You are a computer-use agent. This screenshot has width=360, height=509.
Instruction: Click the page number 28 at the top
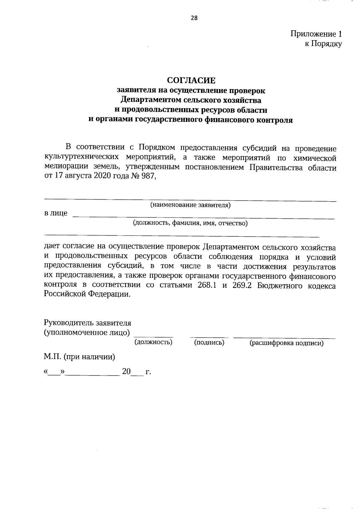point(194,18)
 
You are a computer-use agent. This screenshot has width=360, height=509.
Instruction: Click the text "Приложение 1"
point(316,34)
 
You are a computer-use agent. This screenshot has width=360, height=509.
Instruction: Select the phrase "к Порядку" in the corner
point(323,44)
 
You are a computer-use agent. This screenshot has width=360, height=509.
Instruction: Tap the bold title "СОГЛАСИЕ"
point(191,80)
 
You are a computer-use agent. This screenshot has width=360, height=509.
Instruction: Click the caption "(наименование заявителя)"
point(190,205)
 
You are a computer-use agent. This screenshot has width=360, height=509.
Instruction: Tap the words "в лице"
point(56,214)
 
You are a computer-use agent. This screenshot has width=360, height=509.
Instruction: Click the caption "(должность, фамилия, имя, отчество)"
point(190,223)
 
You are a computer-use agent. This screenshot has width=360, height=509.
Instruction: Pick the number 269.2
point(241,285)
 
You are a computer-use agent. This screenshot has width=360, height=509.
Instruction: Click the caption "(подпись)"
point(209,342)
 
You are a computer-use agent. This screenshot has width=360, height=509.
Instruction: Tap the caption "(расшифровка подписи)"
point(286,343)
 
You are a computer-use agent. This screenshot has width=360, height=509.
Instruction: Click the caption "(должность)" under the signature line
point(153,342)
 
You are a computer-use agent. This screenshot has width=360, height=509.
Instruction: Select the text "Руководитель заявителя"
point(88,323)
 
